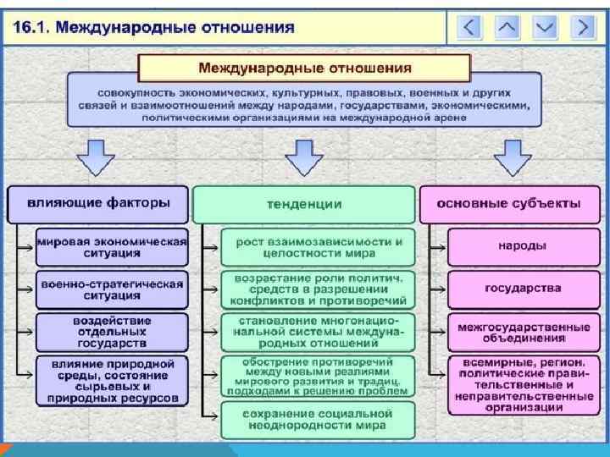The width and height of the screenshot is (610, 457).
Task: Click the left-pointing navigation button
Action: point(469,27)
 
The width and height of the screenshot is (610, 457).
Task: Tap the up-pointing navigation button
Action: point(507,27)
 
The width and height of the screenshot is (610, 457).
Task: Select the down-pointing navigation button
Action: point(545,27)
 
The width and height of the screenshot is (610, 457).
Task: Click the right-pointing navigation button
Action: point(582,27)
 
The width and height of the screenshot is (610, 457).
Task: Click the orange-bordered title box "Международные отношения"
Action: point(304,67)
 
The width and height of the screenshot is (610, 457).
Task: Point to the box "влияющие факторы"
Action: point(98,204)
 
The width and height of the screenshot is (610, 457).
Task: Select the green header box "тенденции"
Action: point(304,204)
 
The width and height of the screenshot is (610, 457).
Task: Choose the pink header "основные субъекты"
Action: point(508,204)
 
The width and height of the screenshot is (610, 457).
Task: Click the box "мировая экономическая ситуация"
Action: point(112,246)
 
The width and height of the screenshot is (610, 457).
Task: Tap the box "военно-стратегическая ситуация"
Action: point(112,289)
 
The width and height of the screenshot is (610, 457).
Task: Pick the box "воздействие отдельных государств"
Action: point(112,332)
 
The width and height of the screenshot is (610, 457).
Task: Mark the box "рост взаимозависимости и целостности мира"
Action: point(319,246)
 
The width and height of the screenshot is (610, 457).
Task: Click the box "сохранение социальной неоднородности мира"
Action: point(319,420)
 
